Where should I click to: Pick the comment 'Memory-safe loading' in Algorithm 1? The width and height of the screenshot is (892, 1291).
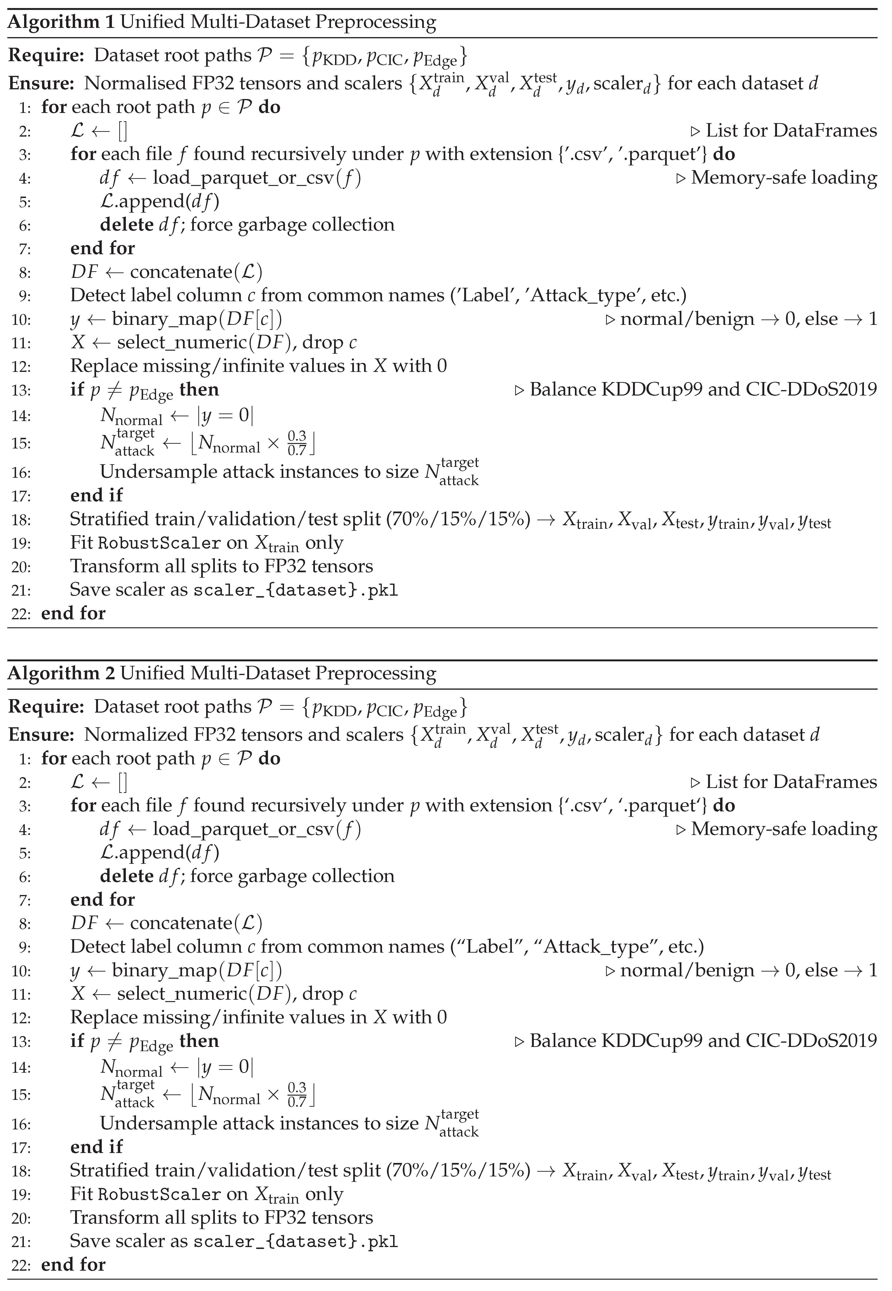[784, 178]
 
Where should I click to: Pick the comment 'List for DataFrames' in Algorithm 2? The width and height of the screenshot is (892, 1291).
[791, 782]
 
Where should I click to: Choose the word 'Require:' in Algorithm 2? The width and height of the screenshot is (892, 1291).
[46, 707]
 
